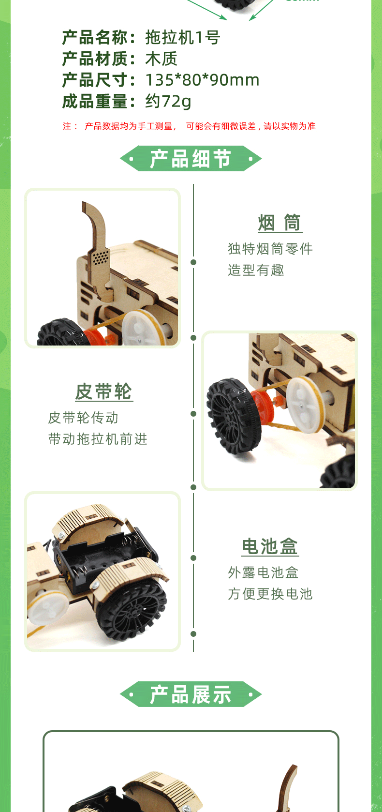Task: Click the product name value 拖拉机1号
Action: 182,37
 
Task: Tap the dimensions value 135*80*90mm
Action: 203,80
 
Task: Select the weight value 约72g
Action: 168,102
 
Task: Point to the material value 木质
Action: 161,59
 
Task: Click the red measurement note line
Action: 189,126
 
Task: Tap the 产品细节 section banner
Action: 191,158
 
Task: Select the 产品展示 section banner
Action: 191,694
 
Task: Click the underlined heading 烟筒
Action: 279,223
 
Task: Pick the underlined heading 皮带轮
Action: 104,392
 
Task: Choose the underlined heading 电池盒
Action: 270,547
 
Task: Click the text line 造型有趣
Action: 256,270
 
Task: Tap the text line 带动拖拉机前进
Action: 98,439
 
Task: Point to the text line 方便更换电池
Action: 270,594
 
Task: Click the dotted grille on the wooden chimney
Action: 100,257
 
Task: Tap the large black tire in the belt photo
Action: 233,415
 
